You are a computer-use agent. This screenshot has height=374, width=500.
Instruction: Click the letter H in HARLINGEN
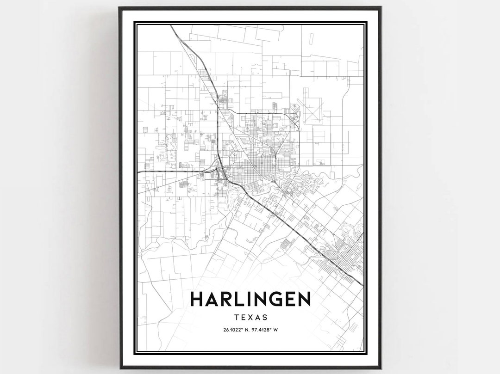(198, 299)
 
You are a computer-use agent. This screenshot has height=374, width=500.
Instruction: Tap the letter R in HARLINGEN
(230, 299)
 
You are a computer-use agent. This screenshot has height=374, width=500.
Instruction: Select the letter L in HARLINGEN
(245, 299)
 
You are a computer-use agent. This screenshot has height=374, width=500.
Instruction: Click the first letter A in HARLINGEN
(214, 299)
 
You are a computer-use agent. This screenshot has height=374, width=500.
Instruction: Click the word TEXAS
(250, 318)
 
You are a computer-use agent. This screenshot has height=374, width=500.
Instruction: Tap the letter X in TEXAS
(250, 318)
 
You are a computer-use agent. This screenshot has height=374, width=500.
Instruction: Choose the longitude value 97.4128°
(262, 330)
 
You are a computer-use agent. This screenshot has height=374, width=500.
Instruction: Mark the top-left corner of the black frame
(119, 8)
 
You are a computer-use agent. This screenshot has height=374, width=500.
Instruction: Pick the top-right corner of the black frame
(381, 8)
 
